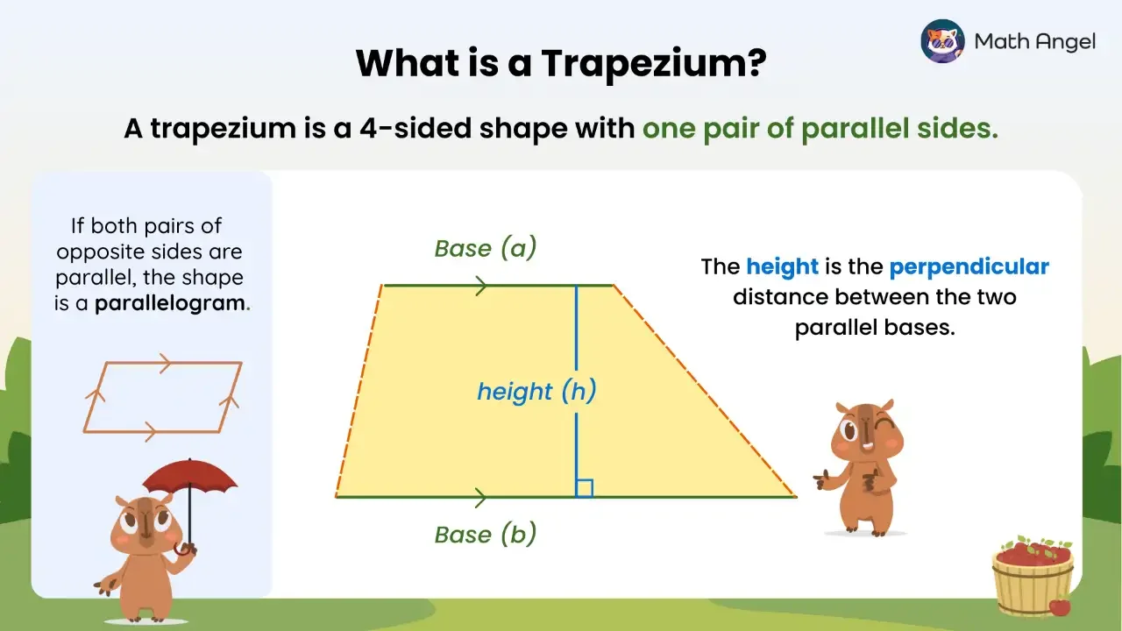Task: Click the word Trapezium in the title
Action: pyautogui.click(x=650, y=63)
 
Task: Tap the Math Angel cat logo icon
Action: pyautogui.click(x=942, y=41)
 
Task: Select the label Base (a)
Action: pyautogui.click(x=485, y=249)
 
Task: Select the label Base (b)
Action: pyautogui.click(x=485, y=534)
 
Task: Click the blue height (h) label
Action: pyautogui.click(x=536, y=392)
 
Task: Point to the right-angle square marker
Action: pyautogui.click(x=585, y=488)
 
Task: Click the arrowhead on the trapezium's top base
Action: pyautogui.click(x=480, y=285)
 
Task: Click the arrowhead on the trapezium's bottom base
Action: pyautogui.click(x=480, y=497)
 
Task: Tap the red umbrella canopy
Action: pyautogui.click(x=190, y=476)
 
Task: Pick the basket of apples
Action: pyautogui.click(x=1033, y=574)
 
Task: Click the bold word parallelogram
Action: pyautogui.click(x=171, y=305)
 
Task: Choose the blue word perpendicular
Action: pyautogui.click(x=969, y=266)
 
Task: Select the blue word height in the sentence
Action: pyautogui.click(x=782, y=266)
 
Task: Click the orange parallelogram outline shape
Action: pyautogui.click(x=163, y=397)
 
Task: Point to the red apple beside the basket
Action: pyautogui.click(x=1060, y=606)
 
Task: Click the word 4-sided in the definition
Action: pyautogui.click(x=416, y=129)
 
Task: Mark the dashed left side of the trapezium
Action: pyautogui.click(x=359, y=391)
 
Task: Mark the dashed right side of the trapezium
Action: pyautogui.click(x=704, y=391)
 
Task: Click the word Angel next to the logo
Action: pyautogui.click(x=1065, y=41)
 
